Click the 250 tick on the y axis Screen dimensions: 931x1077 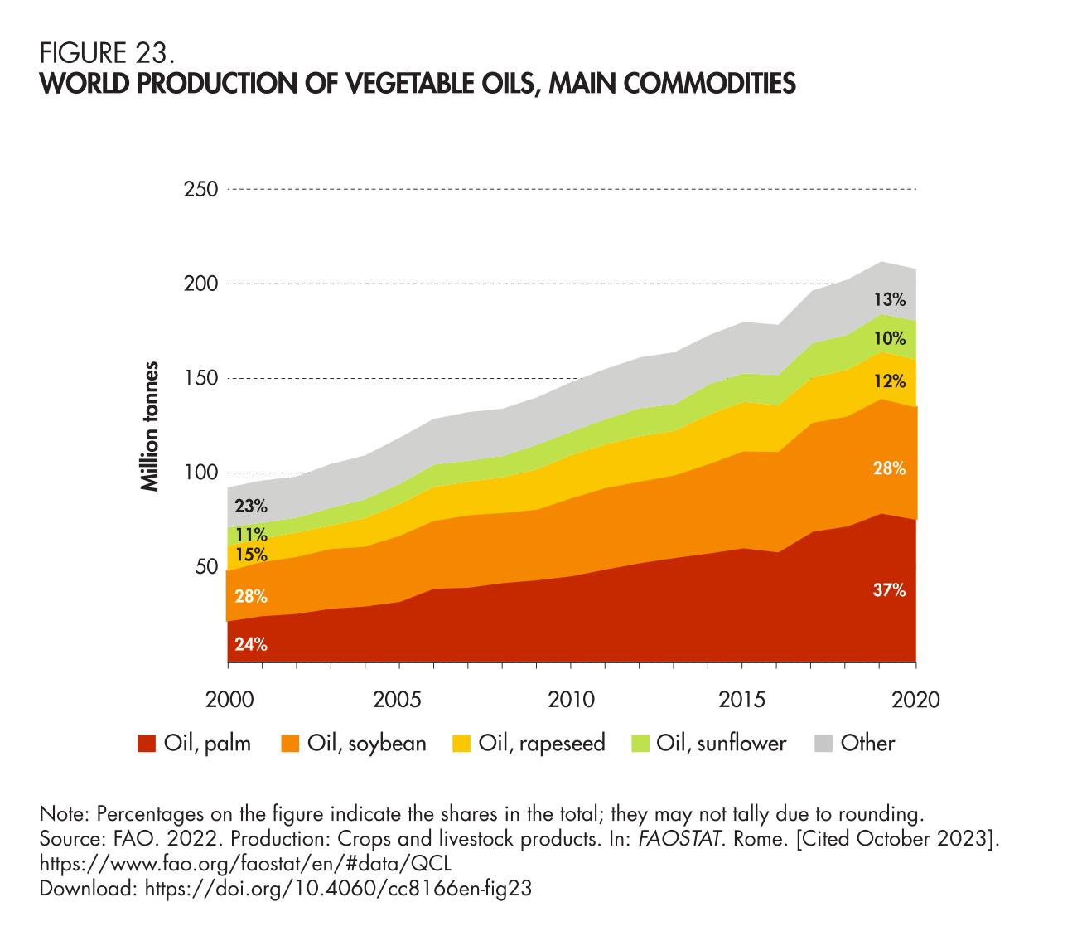point(200,190)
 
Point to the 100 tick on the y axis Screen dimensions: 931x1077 point(200,473)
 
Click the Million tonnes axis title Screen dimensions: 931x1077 point(150,426)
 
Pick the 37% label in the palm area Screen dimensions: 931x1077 point(889,591)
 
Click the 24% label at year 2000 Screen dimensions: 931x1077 point(250,643)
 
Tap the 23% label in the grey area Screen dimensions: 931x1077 point(250,506)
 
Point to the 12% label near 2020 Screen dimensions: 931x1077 point(889,382)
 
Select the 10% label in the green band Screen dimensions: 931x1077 point(889,338)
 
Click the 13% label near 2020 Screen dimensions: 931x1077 point(889,299)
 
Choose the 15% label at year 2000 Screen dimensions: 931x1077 point(250,554)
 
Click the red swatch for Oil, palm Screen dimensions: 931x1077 point(147,744)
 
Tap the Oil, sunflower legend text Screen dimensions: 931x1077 point(721,743)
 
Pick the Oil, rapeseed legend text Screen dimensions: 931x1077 point(541,743)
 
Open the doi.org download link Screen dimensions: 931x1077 point(337,889)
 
